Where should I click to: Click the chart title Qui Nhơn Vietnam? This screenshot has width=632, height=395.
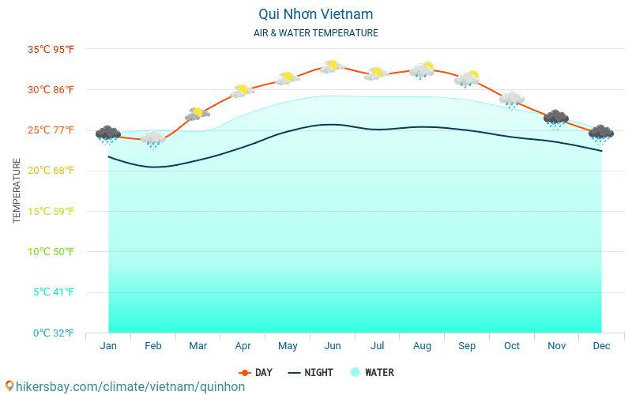click(x=315, y=14)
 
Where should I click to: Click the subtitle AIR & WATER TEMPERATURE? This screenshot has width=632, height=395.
click(x=315, y=33)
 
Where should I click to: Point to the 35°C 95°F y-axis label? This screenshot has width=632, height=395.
click(x=51, y=49)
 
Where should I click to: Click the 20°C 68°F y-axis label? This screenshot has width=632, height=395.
click(x=51, y=171)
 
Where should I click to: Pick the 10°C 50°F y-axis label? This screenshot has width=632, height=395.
click(x=51, y=251)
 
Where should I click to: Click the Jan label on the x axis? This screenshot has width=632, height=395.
click(x=108, y=346)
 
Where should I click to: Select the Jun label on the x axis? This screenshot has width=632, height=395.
click(x=333, y=346)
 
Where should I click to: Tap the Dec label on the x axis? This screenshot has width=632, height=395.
click(x=601, y=346)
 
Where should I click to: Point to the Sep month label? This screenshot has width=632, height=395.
click(x=467, y=346)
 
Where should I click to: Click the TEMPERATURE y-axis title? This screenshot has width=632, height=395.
click(x=17, y=190)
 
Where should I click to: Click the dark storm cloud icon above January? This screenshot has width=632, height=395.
click(x=108, y=134)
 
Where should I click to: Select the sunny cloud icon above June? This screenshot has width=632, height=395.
click(x=332, y=66)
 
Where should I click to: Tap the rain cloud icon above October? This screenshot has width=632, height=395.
click(x=512, y=100)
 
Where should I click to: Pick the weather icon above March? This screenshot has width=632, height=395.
click(x=197, y=115)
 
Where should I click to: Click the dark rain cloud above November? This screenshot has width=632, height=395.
click(x=556, y=118)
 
